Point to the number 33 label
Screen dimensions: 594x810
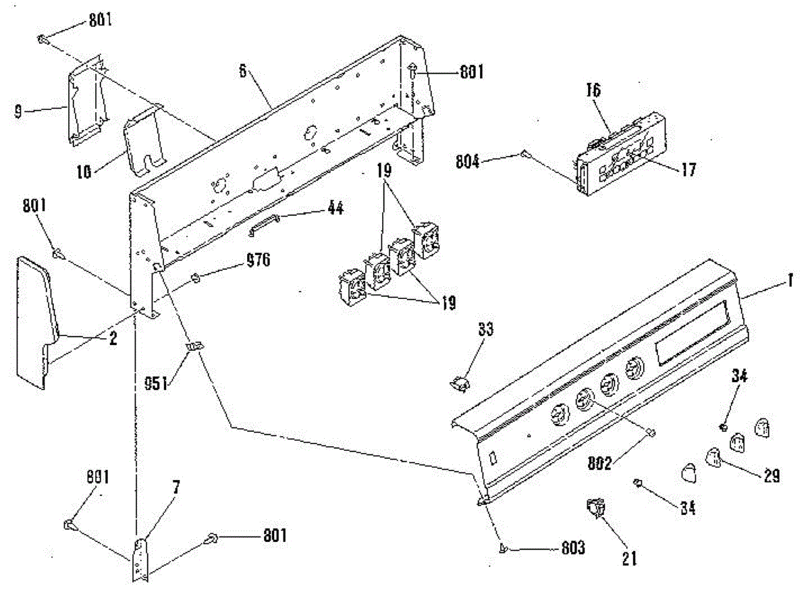tap(485, 330)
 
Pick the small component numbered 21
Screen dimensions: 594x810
tap(594, 508)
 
